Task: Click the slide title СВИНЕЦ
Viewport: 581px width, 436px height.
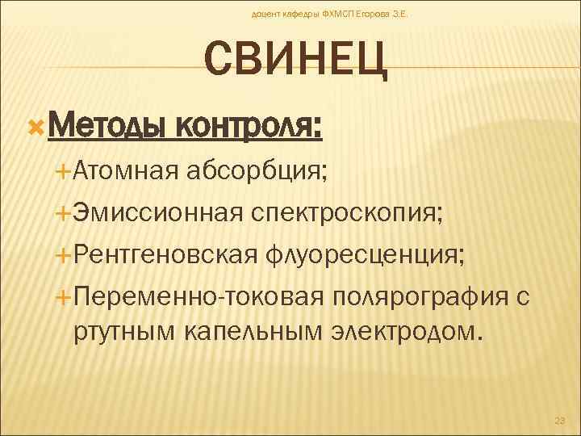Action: [x=296, y=61]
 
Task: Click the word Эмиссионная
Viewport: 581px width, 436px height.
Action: [x=157, y=213]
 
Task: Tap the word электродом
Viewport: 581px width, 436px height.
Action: [x=407, y=329]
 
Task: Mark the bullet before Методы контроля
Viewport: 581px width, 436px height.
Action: [x=34, y=127]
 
